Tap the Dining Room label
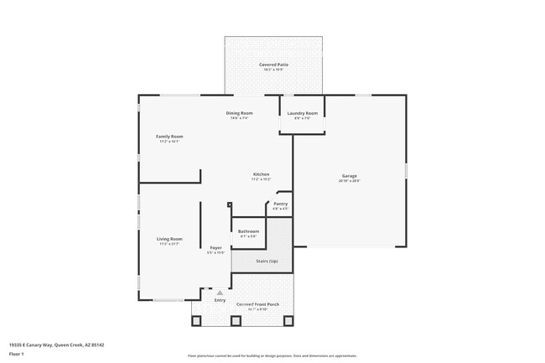click(239, 113)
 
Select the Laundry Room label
click(302, 113)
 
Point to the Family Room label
click(169, 136)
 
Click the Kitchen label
click(261, 174)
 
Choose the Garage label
click(349, 175)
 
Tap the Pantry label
click(280, 204)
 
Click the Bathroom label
click(248, 231)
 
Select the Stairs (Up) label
click(267, 262)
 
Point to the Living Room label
click(169, 239)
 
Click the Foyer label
click(215, 248)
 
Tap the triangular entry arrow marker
click(220, 292)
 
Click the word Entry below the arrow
click(220, 300)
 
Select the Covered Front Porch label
click(257, 304)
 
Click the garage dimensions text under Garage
click(349, 181)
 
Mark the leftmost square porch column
click(195, 320)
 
